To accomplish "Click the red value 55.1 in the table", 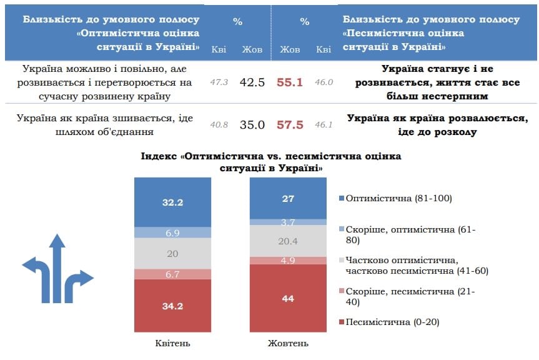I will (289, 82).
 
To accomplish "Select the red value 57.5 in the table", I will (289, 125).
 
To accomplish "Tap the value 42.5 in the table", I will (253, 82).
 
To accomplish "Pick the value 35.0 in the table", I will (253, 125).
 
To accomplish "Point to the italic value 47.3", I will (219, 82).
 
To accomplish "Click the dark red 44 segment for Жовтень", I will (288, 299).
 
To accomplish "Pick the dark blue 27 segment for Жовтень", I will (288, 198).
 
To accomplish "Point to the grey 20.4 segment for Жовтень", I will (288, 241).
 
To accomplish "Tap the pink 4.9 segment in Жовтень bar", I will (288, 260).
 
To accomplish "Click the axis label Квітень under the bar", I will (173, 343).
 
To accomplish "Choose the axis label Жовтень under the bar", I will (288, 343).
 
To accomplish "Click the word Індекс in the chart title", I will (161, 156).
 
